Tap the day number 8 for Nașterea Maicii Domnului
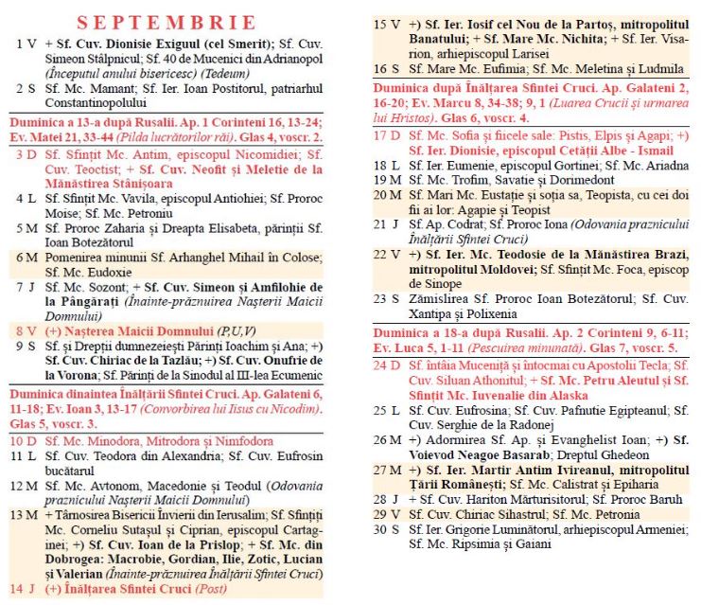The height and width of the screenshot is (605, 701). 22,331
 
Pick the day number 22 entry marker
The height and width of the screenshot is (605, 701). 383,255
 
